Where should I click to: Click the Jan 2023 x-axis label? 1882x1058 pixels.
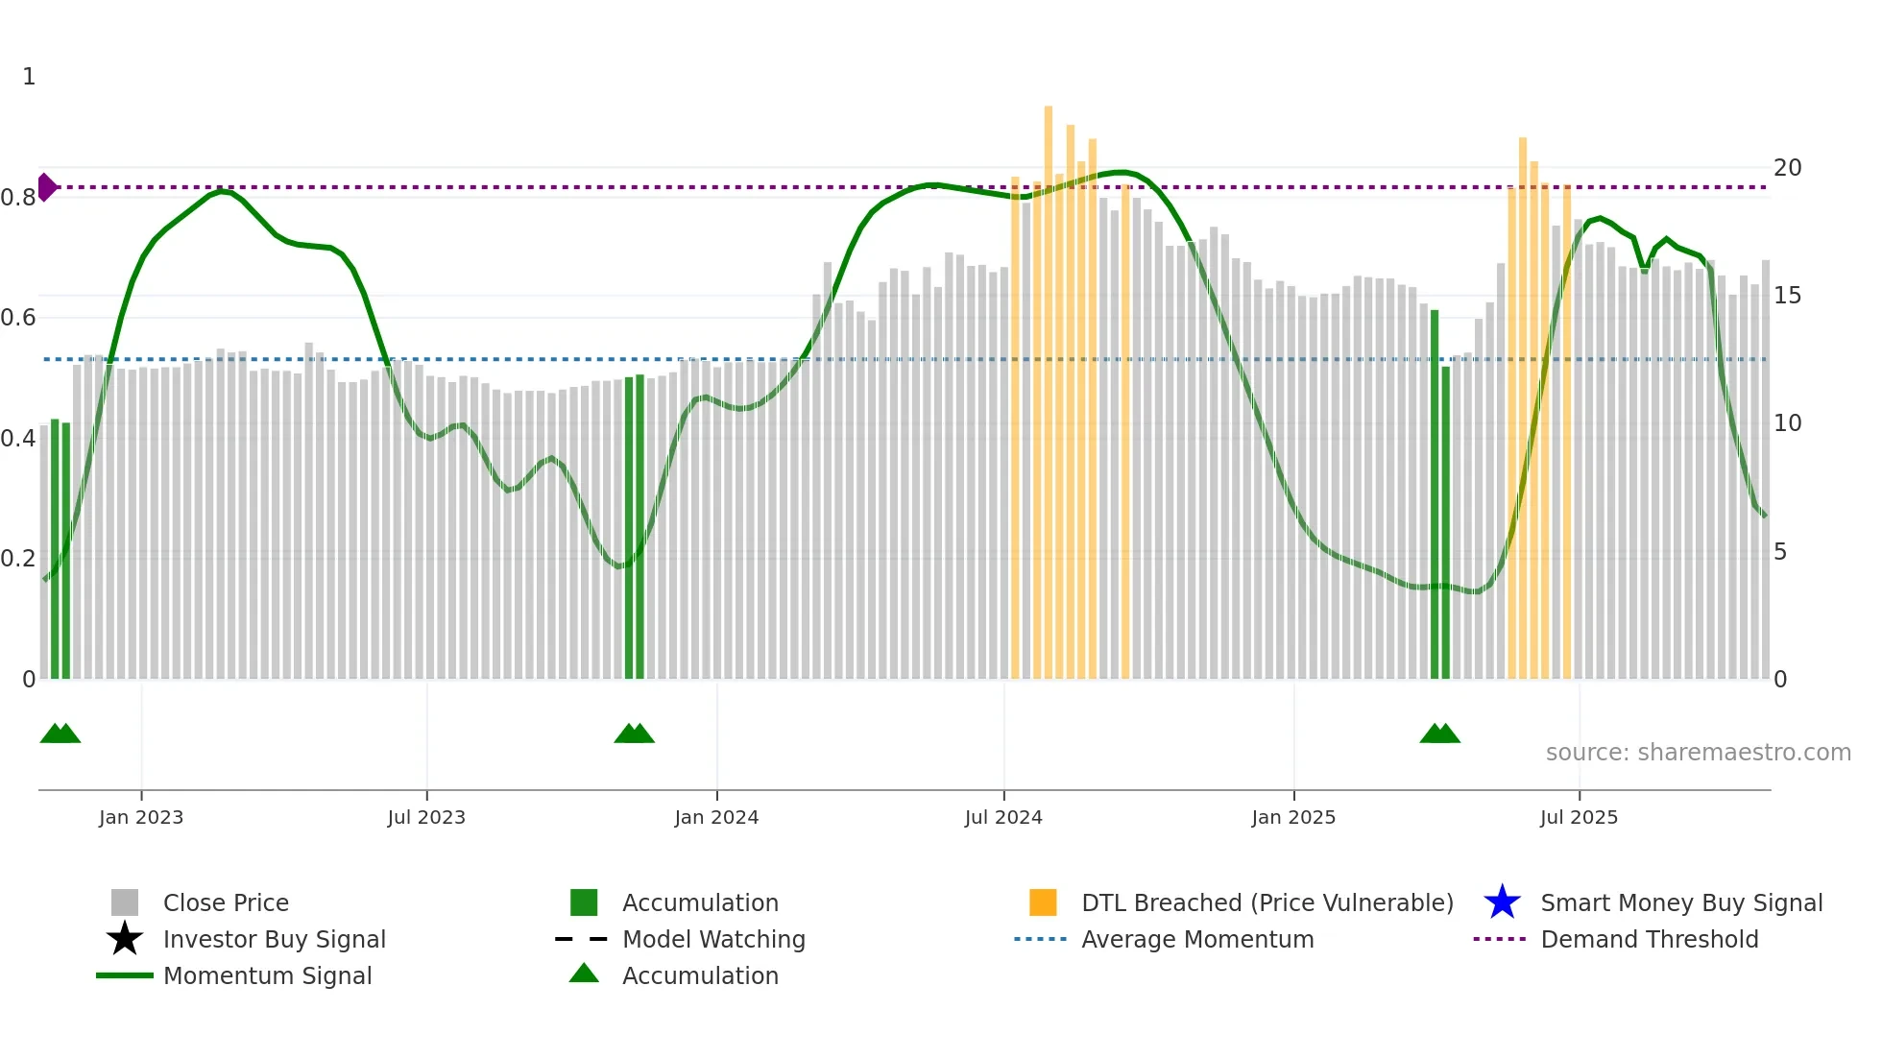140,817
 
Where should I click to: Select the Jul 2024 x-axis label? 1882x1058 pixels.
1002,817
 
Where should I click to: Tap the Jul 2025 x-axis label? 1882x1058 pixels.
1578,817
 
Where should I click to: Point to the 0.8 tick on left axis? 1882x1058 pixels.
18,198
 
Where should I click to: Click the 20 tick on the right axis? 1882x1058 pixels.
1787,168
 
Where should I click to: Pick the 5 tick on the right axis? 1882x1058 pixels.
1780,552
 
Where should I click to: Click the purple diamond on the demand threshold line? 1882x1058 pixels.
46,187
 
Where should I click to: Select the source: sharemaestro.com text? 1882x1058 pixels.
1698,753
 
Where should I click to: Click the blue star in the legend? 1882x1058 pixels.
1502,902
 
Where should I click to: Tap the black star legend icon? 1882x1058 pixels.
125,939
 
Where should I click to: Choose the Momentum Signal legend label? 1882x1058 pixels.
267,975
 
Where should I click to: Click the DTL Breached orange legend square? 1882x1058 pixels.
1043,902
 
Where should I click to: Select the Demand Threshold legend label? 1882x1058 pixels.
1649,939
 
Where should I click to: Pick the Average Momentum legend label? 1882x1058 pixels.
1196,939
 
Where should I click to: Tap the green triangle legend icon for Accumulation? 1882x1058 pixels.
584,974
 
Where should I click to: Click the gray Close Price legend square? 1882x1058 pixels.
125,902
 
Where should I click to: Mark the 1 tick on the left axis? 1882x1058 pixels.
29,77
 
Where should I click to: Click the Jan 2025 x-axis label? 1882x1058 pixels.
1292,817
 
